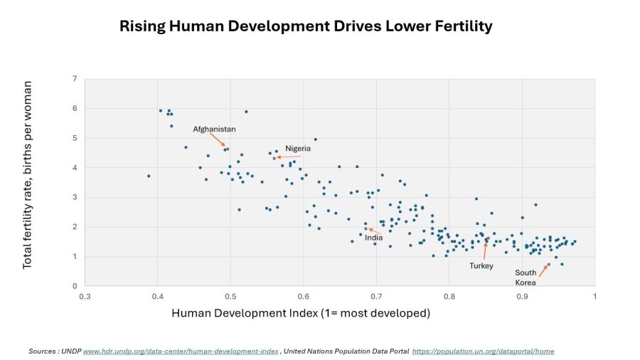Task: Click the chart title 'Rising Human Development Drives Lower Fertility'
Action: [x=306, y=26]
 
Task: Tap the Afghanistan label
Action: [x=214, y=129]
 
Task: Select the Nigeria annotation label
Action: [x=298, y=149]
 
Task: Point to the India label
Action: [x=373, y=238]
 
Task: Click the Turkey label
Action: [x=481, y=265]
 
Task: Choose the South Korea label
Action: [x=526, y=277]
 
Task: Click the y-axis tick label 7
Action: [x=75, y=78]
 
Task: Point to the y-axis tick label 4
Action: [x=75, y=168]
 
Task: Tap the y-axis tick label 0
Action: [x=75, y=286]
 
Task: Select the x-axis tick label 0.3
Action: [x=85, y=296]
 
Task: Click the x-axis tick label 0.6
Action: [x=304, y=296]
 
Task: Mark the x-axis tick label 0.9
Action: [x=522, y=296]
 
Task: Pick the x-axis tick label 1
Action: [x=594, y=296]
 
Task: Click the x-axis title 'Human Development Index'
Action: [x=301, y=313]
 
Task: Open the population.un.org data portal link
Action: [x=483, y=351]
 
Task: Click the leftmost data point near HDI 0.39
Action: [x=149, y=176]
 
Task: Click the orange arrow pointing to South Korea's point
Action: [x=542, y=270]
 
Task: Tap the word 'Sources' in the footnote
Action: [x=43, y=351]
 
